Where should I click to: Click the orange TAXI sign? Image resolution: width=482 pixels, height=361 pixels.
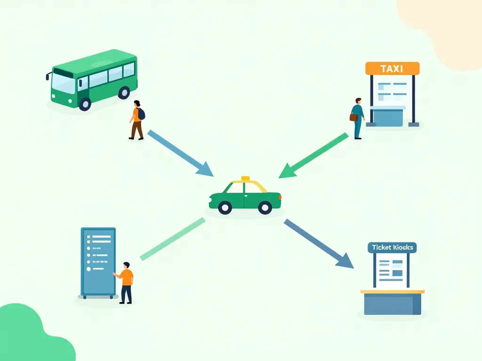click(x=392, y=69)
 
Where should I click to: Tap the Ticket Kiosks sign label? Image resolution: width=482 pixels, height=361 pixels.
click(x=392, y=248)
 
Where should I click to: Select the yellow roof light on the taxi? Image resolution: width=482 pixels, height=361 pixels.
click(x=245, y=179)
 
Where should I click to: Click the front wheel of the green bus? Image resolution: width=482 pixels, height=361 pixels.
click(x=85, y=103)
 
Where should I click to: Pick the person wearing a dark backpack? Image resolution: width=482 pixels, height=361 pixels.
click(x=137, y=120)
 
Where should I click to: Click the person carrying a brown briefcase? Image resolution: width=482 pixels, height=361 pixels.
click(x=357, y=118)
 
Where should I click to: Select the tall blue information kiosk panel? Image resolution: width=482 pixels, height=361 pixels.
click(x=98, y=262)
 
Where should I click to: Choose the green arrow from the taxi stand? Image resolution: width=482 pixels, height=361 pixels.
click(x=313, y=156)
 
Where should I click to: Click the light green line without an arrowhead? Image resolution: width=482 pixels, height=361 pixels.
click(x=172, y=239)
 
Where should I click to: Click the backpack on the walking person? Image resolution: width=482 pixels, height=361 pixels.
click(x=141, y=114)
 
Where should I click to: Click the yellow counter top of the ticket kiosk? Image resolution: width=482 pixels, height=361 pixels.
click(x=392, y=291)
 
